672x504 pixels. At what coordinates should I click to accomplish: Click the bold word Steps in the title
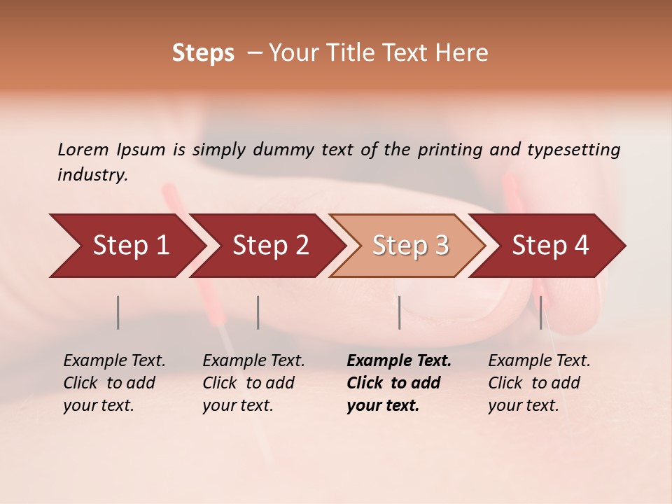point(203,53)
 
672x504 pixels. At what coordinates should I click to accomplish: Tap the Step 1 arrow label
point(131,245)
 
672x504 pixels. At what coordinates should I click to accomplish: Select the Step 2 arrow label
point(271,245)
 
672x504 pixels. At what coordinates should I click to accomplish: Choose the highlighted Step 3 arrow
point(410,245)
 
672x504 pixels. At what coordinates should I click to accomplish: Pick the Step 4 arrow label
point(550,245)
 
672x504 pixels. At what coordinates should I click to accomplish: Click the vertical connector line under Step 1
point(118,312)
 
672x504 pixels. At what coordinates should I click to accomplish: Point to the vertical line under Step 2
point(258,312)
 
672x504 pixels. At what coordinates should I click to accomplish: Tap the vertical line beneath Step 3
point(399,312)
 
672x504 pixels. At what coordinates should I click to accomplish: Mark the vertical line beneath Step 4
point(540,312)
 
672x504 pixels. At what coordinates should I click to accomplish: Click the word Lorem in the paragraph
point(83,150)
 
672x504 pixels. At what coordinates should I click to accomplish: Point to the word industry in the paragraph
point(92,175)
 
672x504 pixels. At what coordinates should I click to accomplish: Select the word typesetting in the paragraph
point(573,150)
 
